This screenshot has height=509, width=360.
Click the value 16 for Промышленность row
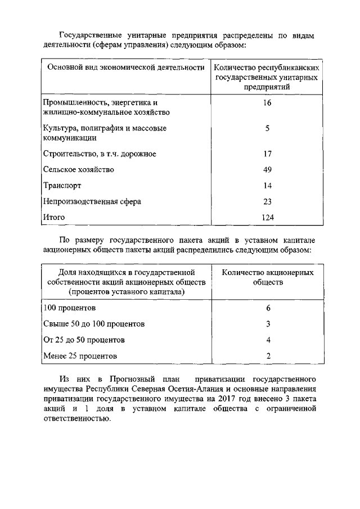coord(267,103)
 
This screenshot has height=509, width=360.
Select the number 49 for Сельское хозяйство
coord(267,169)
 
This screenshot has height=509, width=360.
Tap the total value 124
coord(267,217)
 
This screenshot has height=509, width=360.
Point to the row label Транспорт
coord(62,185)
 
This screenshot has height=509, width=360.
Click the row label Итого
coord(55,217)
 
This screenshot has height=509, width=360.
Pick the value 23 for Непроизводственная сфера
coord(267,201)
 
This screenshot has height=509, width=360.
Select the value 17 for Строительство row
coord(267,154)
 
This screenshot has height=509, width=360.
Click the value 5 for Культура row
coord(267,128)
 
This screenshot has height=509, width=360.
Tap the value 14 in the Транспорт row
coord(267,185)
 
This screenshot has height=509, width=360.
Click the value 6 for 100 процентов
coord(268,308)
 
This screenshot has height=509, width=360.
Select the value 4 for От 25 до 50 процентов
coord(268,340)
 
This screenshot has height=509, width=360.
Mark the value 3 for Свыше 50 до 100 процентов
coord(268,324)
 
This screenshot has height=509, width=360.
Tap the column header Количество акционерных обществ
coord(268,277)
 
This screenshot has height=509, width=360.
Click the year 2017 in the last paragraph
coord(235,398)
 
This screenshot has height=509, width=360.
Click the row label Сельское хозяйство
coord(79,169)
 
